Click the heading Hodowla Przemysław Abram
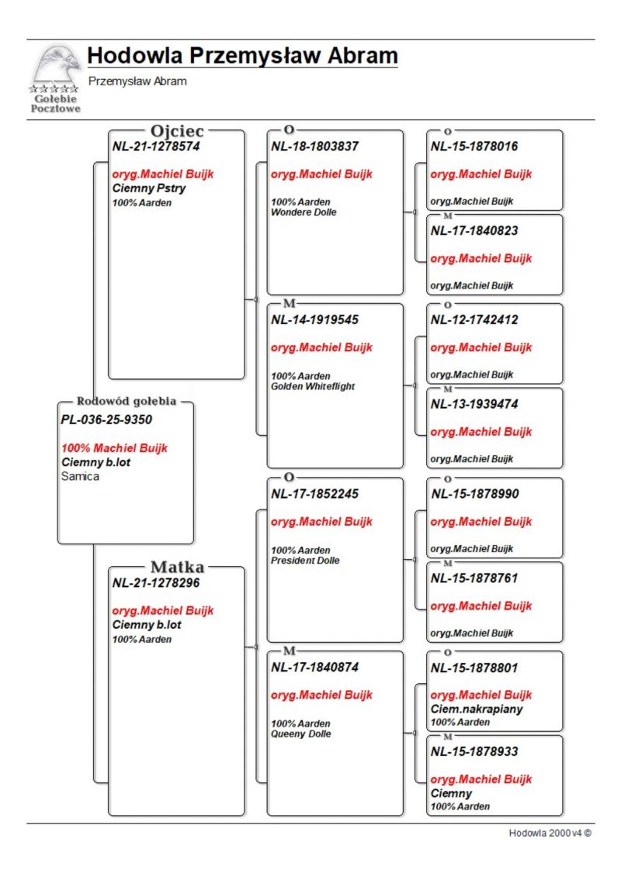coord(242,56)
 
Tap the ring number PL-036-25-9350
coord(106,420)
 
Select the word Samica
coord(80,477)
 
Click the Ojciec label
coord(177,131)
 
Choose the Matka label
coord(177,568)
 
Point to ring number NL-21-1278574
coord(156,146)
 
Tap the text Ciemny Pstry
coord(149,188)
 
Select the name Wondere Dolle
coord(304,212)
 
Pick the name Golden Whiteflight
coord(313,386)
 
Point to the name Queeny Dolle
coord(301,734)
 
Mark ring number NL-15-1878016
coord(474,146)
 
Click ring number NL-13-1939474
coord(474,404)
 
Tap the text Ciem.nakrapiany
coord(477,709)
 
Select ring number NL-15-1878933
coord(474,751)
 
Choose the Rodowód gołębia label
coord(126,402)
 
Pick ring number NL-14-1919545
coord(314,319)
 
